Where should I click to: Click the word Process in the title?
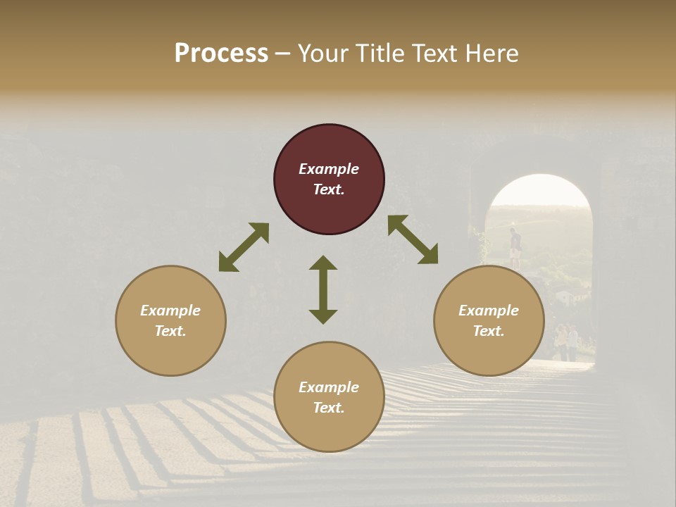click(x=221, y=54)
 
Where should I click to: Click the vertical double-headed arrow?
click(x=323, y=289)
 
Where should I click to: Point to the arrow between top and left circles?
click(x=244, y=247)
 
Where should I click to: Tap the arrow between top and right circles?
click(x=413, y=239)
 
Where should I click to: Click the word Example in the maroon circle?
click(x=329, y=169)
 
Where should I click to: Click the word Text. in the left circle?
click(x=170, y=331)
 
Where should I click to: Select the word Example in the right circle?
click(x=489, y=311)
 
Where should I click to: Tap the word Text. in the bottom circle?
click(x=329, y=408)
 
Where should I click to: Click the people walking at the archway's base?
click(x=566, y=342)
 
